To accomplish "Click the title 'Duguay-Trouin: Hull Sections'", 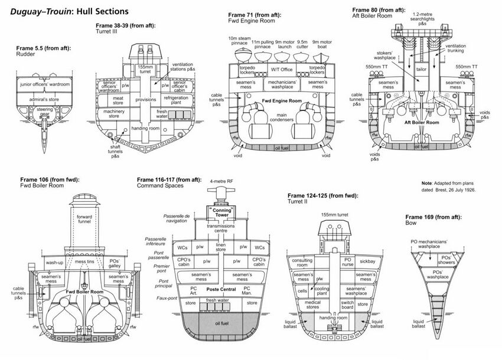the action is click(x=70, y=12).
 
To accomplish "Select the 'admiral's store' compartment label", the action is click(x=44, y=100).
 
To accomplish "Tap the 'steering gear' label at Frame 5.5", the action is click(x=44, y=112).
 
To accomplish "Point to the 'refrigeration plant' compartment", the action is click(x=176, y=100).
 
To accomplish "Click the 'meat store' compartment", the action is click(x=118, y=100).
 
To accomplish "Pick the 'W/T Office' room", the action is click(x=282, y=70).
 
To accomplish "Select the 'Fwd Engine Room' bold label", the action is click(x=282, y=101).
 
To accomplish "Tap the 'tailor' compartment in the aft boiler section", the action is click(x=421, y=69).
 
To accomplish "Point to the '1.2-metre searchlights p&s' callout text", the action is click(x=422, y=19).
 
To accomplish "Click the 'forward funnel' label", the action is click(x=84, y=219).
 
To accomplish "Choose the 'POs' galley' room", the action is click(x=115, y=263).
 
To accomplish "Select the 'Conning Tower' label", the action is click(x=221, y=212).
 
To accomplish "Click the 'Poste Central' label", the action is click(x=221, y=289).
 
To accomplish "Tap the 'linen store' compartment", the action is click(x=221, y=247).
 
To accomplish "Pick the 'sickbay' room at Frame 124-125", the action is click(x=367, y=261).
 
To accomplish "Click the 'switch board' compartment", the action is click(x=347, y=305).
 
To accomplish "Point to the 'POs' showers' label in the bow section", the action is click(x=446, y=260).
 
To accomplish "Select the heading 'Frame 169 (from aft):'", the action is click(x=433, y=217).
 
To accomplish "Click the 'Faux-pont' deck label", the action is click(x=167, y=298).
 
